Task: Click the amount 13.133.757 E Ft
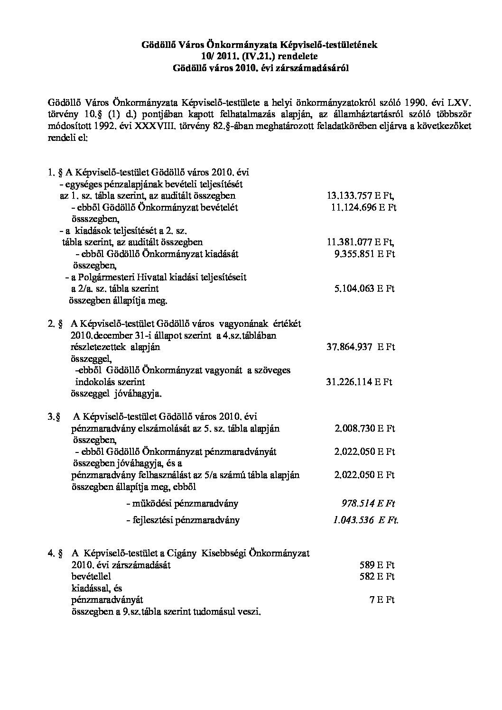pyautogui.click(x=361, y=195)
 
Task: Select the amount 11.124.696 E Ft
pyautogui.click(x=363, y=207)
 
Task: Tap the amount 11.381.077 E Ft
pyautogui.click(x=361, y=242)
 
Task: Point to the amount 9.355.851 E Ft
pyautogui.click(x=364, y=254)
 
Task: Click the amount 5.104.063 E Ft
pyautogui.click(x=364, y=288)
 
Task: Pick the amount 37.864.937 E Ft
pyautogui.click(x=361, y=347)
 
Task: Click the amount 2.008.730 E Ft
pyautogui.click(x=364, y=428)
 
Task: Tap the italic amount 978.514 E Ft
pyautogui.click(x=368, y=503)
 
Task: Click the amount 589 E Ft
pyautogui.click(x=377, y=565)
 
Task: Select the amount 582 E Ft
pyautogui.click(x=377, y=576)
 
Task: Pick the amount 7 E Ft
pyautogui.click(x=382, y=600)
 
